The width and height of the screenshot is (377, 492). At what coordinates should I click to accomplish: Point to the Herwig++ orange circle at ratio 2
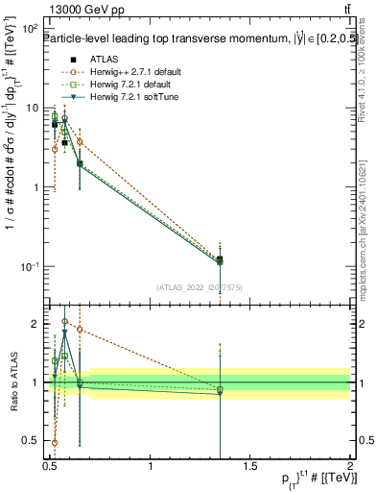(64, 322)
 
